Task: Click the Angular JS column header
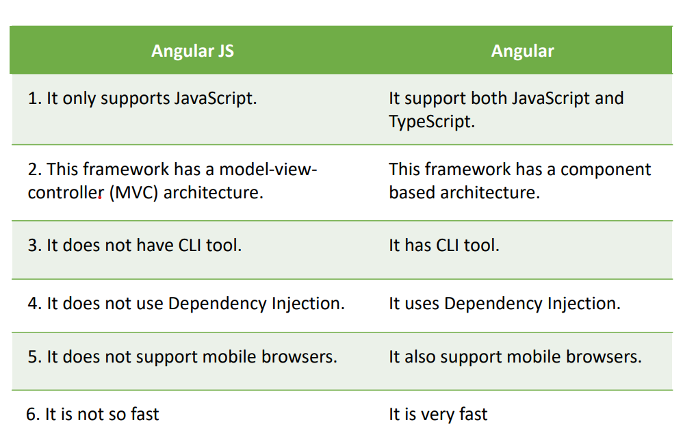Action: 192,51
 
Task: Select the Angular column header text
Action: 522,51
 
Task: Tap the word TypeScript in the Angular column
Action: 431,122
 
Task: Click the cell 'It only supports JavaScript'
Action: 142,99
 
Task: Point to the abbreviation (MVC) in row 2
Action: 133,193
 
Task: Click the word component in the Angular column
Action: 606,170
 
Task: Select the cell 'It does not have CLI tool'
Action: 135,246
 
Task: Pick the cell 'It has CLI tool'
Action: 444,246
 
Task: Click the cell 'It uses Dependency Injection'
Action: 504,304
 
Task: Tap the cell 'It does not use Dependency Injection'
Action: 186,304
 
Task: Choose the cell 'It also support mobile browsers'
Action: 515,357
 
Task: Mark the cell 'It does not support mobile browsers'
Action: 182,357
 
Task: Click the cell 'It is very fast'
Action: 438,415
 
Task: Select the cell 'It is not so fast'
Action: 92,415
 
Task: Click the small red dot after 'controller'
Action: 100,198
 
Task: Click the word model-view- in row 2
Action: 268,170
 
